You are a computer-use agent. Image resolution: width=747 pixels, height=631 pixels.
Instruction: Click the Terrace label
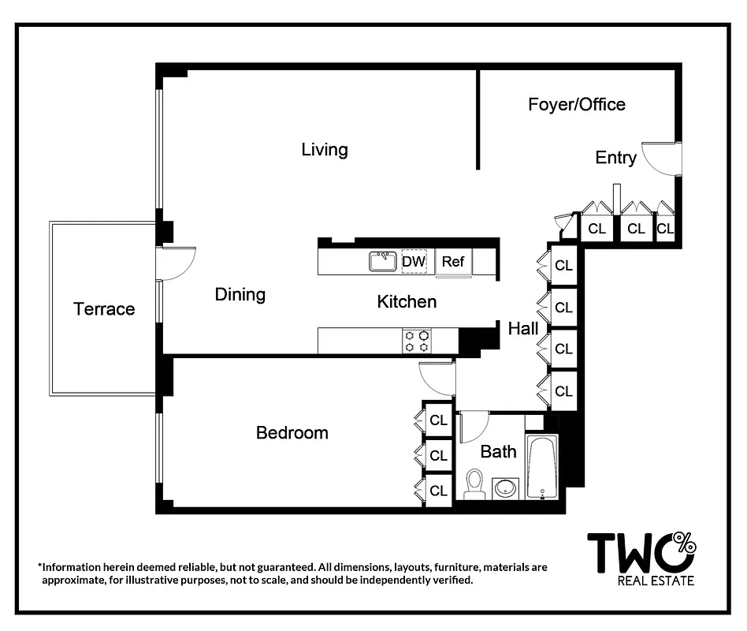point(104,309)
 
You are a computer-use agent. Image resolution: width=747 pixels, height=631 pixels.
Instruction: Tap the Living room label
point(325,150)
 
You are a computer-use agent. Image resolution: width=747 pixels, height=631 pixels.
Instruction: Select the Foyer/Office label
point(576,104)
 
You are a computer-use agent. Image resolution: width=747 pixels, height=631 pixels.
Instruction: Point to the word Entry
point(615,158)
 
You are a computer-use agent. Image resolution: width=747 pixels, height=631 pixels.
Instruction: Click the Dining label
point(240,295)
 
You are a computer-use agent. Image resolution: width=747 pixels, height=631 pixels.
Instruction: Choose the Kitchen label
point(407,301)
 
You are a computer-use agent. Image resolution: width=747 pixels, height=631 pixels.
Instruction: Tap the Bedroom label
point(292,433)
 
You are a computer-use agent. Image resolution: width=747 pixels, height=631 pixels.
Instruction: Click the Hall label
point(523,328)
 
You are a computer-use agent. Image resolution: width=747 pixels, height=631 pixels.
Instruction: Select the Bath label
point(498,452)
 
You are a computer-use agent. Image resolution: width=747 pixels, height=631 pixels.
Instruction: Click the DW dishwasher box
point(414,262)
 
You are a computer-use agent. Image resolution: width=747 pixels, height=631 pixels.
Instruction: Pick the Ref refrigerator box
point(453,262)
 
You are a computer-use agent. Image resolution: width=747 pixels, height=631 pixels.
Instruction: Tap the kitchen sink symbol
point(383,261)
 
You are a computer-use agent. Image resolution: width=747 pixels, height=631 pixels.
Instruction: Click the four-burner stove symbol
point(416,341)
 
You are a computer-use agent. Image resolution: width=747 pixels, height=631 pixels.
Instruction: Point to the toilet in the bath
point(474,484)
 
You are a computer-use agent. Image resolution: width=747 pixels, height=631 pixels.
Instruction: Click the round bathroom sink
point(505,488)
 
